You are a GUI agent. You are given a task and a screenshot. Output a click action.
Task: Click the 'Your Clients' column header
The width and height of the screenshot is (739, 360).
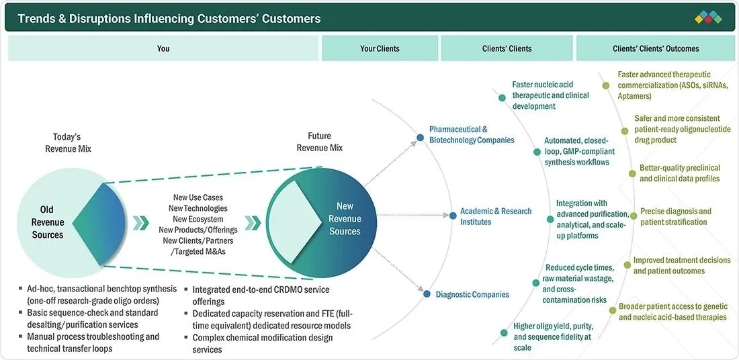[x=380, y=48]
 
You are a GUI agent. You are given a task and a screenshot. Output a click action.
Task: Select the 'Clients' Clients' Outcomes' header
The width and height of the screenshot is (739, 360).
[x=656, y=48]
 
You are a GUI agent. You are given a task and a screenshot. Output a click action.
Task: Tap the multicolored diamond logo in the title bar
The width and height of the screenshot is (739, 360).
[x=708, y=18]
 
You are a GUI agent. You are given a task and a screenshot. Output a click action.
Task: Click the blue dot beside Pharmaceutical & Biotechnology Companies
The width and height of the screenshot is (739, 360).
[x=421, y=138]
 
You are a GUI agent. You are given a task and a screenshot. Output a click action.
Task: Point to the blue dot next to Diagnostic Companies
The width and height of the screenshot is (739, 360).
[x=427, y=294]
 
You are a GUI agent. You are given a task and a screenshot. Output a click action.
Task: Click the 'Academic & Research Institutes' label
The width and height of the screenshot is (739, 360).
[x=496, y=216]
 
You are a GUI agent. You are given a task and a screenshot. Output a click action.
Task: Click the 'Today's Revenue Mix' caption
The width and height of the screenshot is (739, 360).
[x=69, y=143]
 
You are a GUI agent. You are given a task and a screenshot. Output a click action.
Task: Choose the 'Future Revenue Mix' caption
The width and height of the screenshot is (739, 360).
[x=320, y=142]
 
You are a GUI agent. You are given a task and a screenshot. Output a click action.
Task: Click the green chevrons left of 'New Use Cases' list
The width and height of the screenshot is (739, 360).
[x=140, y=222]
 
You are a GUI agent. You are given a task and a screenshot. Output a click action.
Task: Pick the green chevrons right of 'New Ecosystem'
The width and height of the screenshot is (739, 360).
[x=253, y=222]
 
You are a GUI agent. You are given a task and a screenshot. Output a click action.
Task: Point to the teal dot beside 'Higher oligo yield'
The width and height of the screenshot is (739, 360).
[x=504, y=332]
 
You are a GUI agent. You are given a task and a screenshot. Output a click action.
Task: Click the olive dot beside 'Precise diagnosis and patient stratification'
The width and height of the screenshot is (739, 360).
[x=634, y=216]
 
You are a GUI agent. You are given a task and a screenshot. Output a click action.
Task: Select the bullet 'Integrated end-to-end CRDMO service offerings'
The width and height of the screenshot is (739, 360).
[x=261, y=295]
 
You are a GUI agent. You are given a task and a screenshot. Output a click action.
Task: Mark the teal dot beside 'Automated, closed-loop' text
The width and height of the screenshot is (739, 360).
[x=537, y=152]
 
